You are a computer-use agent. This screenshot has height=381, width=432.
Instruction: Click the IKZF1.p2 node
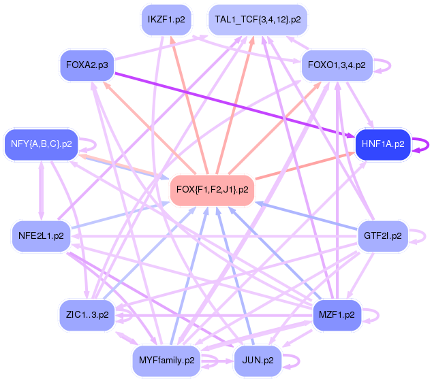tap(166, 20)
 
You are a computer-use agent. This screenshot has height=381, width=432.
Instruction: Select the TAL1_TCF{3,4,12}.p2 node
tap(258, 20)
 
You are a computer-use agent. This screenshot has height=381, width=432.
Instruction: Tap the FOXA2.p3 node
tap(87, 65)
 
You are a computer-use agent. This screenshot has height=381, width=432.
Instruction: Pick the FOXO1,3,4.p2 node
tap(337, 65)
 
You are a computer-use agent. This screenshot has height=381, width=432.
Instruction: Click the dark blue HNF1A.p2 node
tap(383, 144)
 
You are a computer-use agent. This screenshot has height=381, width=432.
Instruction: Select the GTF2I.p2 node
tap(383, 235)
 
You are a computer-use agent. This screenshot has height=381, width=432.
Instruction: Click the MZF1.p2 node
tap(337, 315)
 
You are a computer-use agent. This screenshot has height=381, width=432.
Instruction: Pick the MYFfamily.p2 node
tap(166, 360)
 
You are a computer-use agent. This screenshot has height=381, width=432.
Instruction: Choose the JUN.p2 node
tap(258, 360)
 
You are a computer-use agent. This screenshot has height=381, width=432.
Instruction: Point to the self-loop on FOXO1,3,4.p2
tap(388, 65)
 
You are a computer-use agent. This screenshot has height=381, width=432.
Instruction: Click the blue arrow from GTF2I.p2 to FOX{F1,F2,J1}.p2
tap(307, 215)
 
